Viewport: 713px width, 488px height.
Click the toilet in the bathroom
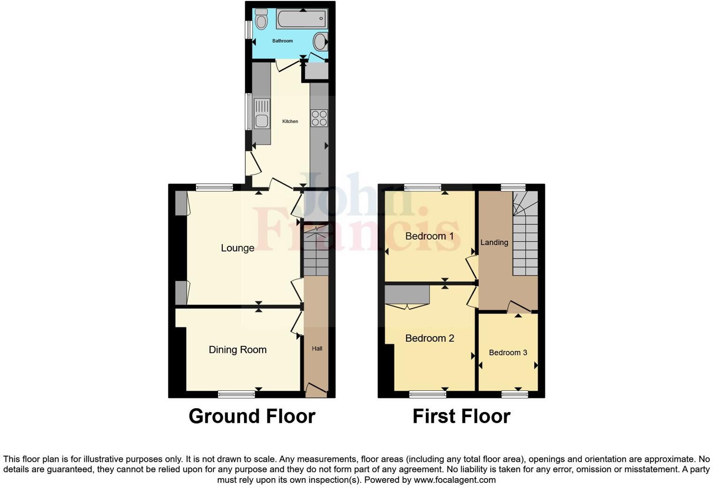[261, 20]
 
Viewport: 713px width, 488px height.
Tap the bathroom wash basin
[320, 42]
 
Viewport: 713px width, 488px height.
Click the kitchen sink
[262, 114]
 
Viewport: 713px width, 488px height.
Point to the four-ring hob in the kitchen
[319, 118]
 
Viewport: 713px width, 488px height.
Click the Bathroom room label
[282, 41]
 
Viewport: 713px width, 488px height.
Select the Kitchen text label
[290, 122]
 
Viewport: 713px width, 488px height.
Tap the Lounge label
[237, 248]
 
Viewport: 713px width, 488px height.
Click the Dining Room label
[237, 350]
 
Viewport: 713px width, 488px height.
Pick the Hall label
[317, 349]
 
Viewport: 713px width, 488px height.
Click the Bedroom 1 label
[429, 236]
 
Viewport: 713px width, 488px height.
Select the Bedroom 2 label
[430, 338]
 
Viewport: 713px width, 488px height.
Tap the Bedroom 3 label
[508, 352]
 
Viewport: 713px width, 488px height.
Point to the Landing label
[494, 243]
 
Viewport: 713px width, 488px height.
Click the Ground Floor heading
[252, 416]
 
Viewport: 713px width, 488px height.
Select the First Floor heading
[461, 416]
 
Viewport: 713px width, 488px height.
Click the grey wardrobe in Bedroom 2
[407, 295]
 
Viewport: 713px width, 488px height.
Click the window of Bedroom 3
[515, 394]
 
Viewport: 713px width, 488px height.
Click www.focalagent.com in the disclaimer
[454, 480]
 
